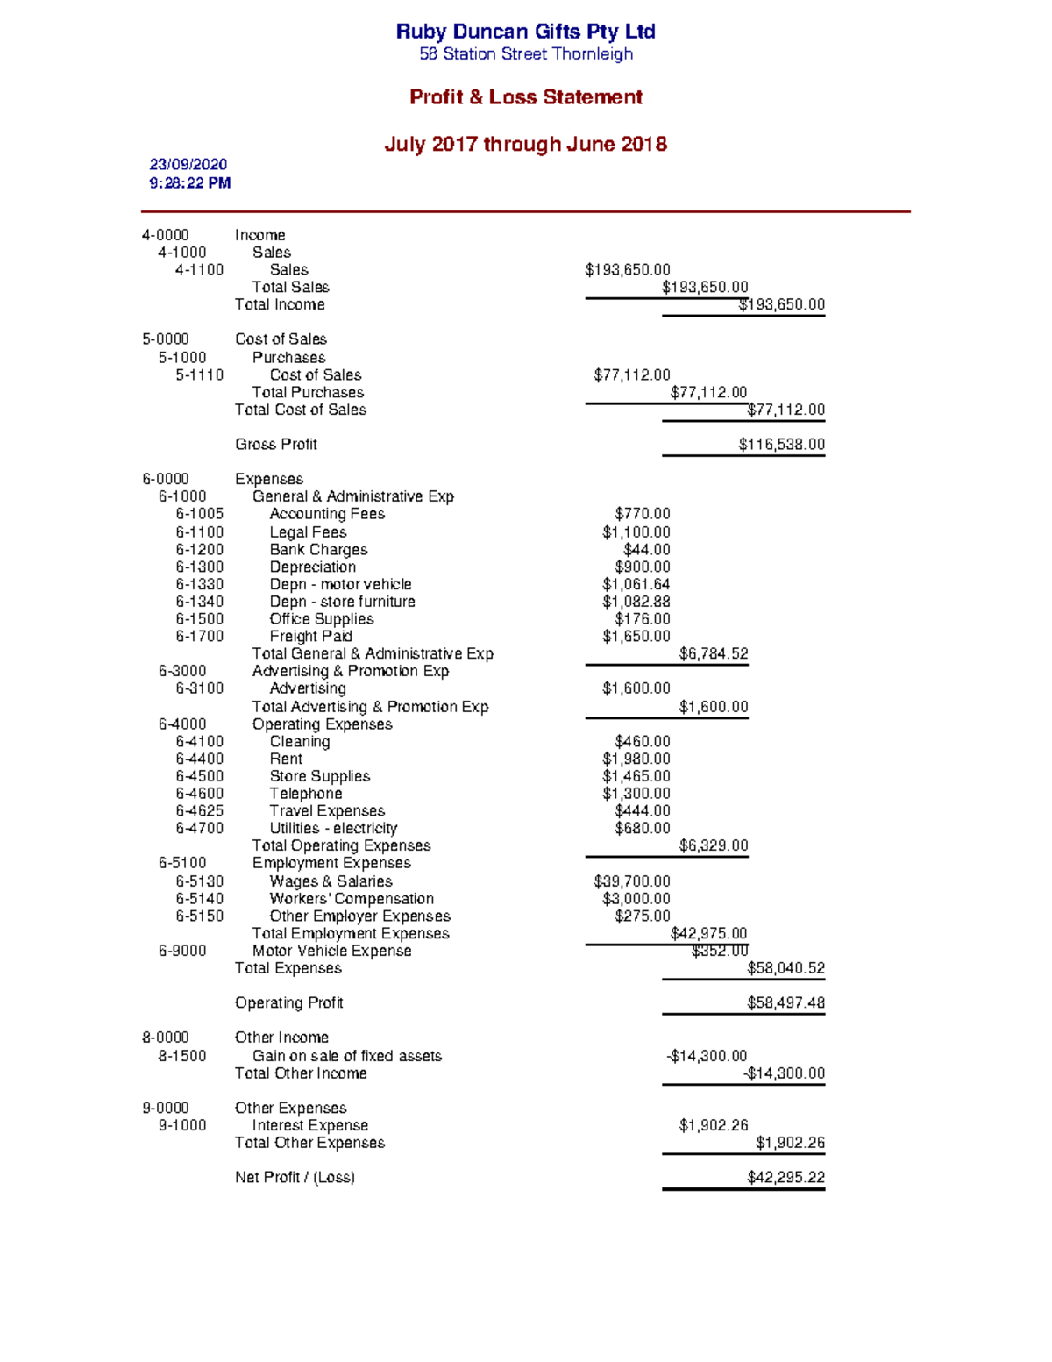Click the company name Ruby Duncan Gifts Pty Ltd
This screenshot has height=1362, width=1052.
pos(525,32)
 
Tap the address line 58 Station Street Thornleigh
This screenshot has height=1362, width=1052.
pos(525,54)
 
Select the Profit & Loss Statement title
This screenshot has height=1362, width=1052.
pos(525,97)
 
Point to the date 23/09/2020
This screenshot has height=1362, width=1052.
pos(188,165)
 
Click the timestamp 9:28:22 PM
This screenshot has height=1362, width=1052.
pos(190,183)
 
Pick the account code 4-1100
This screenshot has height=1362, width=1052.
pos(199,270)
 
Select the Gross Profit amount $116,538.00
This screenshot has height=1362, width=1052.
pos(781,445)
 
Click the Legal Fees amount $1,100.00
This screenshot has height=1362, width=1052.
pos(636,532)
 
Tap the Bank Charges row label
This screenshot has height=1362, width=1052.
pos(318,550)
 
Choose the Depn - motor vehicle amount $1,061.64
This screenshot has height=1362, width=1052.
pos(636,585)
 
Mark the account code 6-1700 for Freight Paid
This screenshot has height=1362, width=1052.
pos(199,637)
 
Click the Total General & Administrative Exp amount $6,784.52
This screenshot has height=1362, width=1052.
pos(713,654)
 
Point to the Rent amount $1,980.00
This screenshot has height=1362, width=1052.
pos(636,759)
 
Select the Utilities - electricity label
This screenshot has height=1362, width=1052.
pos(333,829)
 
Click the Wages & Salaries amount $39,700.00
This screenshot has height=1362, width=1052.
pos(631,881)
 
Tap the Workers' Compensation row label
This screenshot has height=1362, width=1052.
pos(352,899)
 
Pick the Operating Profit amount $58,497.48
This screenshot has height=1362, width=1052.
pos(785,1003)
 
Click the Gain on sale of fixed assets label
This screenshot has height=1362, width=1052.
pos(347,1056)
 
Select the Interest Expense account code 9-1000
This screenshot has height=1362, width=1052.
pos(182,1126)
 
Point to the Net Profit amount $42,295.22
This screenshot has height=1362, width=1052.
pos(785,1178)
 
